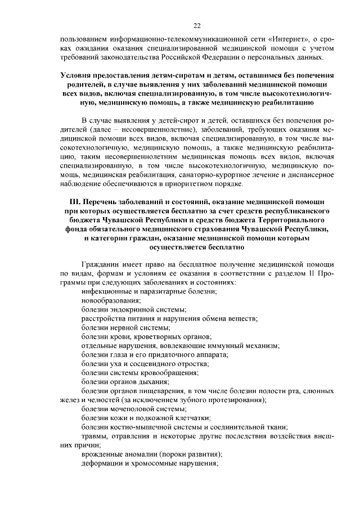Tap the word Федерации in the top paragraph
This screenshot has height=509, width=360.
click(212, 57)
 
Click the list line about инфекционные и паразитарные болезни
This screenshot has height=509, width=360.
click(149, 291)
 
